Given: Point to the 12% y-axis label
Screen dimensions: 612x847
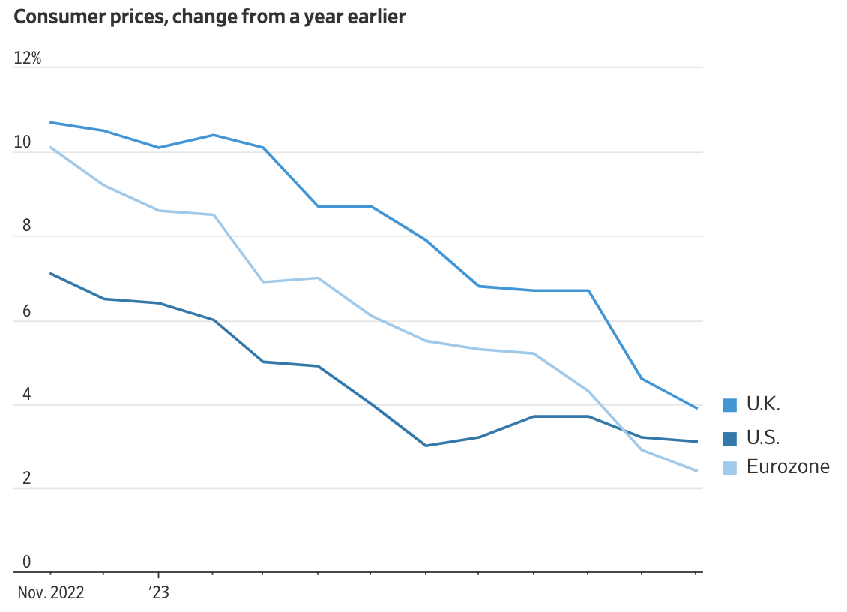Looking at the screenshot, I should coord(28,58).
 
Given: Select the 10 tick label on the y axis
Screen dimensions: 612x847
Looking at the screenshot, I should coord(22,142).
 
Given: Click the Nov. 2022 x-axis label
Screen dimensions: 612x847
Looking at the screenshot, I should coord(51,592).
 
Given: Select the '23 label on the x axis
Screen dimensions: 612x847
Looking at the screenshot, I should coord(158,592).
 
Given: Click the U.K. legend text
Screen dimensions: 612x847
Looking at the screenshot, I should coord(763,404).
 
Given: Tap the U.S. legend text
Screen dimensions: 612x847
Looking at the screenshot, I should coord(763,437).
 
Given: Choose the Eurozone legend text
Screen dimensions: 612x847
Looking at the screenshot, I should coord(788,467).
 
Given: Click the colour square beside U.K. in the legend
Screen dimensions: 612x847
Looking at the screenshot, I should coord(729,405).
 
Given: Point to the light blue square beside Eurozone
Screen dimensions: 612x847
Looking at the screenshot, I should coord(729,468).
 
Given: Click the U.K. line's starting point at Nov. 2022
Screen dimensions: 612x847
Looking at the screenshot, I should coord(50,122).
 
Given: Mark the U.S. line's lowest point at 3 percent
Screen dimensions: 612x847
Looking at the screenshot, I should coord(426,445).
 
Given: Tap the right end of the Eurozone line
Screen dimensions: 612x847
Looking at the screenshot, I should coord(697,471).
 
